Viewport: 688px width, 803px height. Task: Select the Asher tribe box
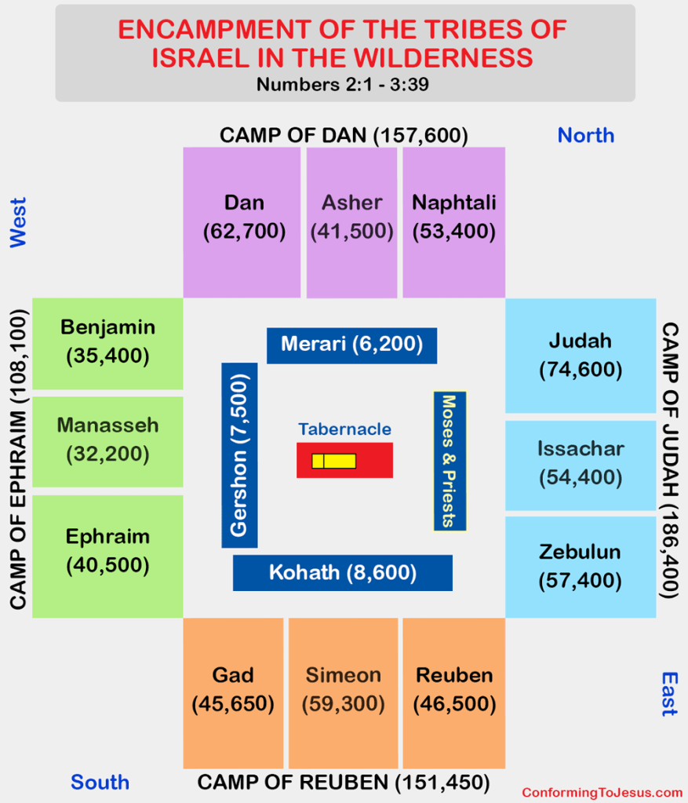[352, 222]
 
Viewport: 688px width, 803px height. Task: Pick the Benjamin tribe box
[107, 343]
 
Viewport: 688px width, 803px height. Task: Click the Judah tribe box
[581, 355]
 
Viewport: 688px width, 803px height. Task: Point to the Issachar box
[581, 463]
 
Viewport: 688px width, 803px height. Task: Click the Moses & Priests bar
[450, 461]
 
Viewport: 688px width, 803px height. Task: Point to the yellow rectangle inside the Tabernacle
[334, 461]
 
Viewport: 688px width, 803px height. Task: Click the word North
[585, 135]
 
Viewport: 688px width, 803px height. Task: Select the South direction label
[100, 782]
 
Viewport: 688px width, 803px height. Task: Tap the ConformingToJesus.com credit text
[602, 792]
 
